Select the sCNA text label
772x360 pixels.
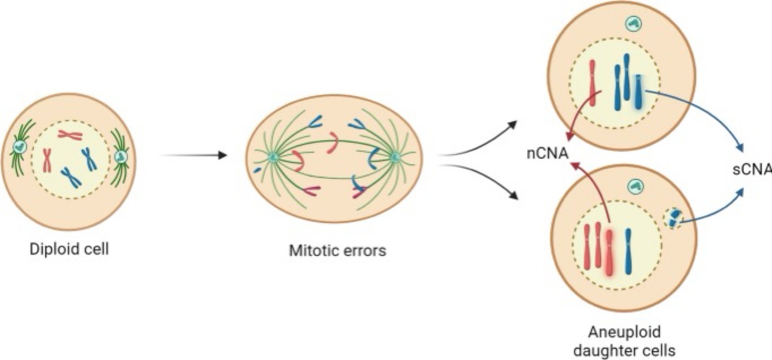click(x=751, y=170)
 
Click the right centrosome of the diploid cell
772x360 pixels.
click(x=121, y=156)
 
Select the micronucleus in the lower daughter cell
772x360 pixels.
click(x=673, y=219)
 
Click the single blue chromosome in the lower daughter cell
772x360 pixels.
click(x=628, y=251)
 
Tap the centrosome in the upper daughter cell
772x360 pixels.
click(x=634, y=24)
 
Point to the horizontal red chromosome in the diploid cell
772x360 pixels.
click(x=69, y=135)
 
